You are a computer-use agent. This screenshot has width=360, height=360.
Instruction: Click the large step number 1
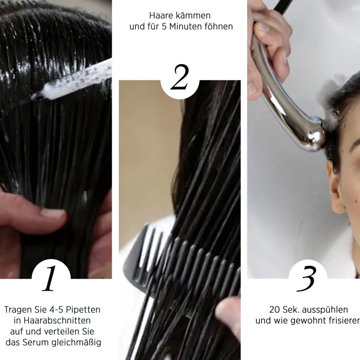click(x=50, y=279)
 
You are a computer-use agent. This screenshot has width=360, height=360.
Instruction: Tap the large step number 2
click(x=180, y=78)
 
